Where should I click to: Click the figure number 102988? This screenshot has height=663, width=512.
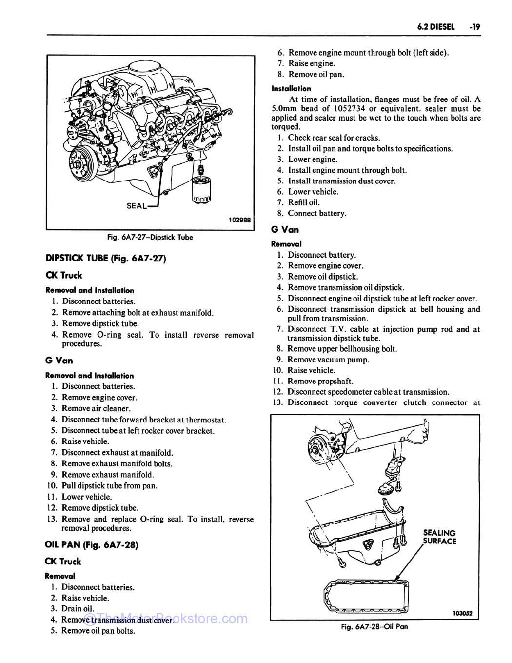point(239,220)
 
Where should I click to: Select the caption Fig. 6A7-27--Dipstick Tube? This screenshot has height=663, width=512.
point(150,238)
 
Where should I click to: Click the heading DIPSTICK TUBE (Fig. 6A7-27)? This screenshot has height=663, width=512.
point(106,259)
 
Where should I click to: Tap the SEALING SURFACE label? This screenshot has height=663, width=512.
point(439,537)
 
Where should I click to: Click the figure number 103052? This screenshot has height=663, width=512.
point(463,614)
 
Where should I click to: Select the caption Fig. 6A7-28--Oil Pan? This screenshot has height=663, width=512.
point(374,627)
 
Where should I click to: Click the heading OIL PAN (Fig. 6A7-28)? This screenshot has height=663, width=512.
point(91,545)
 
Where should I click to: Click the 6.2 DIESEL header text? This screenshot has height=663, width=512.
point(435,27)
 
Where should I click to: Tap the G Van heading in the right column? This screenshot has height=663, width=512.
point(285,229)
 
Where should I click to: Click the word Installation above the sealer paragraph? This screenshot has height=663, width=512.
point(291,89)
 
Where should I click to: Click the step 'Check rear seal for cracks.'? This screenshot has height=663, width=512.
point(334,138)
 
